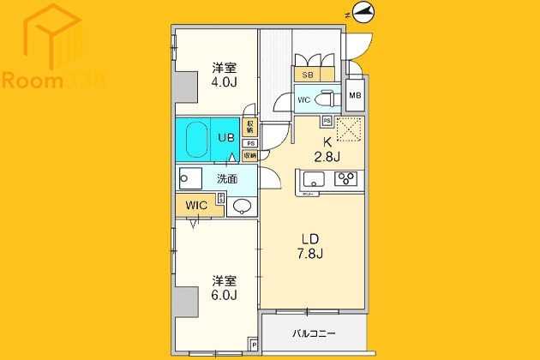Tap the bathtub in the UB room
coord(196,138)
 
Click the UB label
coord(226,138)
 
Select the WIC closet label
coord(196,206)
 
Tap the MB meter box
coord(355,95)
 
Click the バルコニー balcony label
coord(314,333)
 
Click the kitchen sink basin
coord(312,179)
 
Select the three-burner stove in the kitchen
coord(347,179)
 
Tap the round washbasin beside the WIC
coord(241,206)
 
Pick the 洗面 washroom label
coord(227,179)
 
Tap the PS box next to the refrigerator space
coord(327,121)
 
